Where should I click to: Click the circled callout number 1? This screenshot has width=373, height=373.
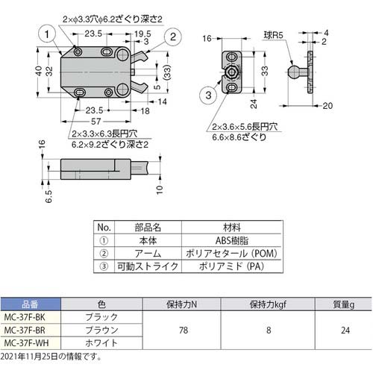pyautogui.click(x=47, y=34)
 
